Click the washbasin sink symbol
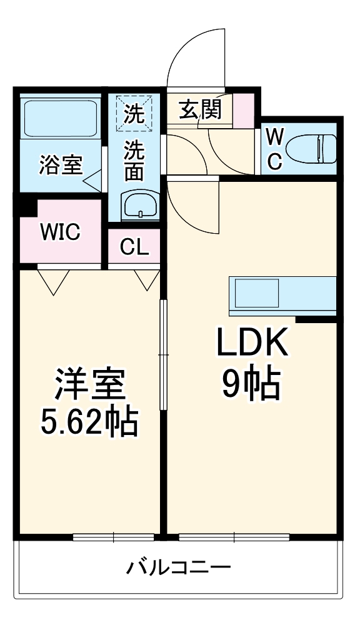coord(139,204)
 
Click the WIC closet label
coord(61,232)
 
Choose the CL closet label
coord(134,247)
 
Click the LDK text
coord(251,342)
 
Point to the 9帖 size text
coord(251,384)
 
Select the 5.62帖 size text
coord(89,423)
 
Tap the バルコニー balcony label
coord(179,569)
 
